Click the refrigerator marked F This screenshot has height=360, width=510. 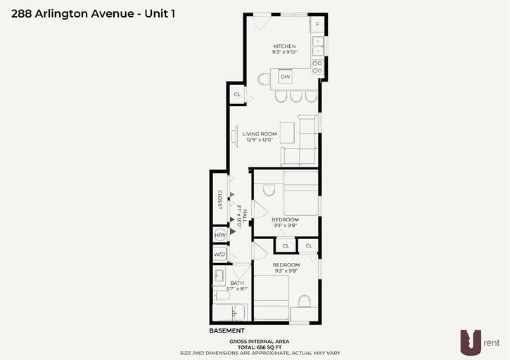pyautogui.click(x=317, y=24)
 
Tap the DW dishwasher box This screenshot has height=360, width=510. pyautogui.click(x=286, y=77)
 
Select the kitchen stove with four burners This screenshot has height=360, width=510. pyautogui.click(x=317, y=67)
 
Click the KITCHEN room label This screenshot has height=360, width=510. pyautogui.click(x=285, y=46)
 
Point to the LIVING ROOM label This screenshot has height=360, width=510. pyautogui.click(x=260, y=134)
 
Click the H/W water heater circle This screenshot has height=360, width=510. pyautogui.click(x=220, y=235)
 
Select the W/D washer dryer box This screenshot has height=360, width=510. pyautogui.click(x=220, y=254)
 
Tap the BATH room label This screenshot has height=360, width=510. pyautogui.click(x=237, y=283)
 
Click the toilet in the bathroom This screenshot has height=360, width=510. pyautogui.click(x=222, y=295)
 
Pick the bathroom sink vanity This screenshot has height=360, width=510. pyautogui.click(x=219, y=276)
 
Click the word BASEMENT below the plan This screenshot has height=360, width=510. pyautogui.click(x=227, y=330)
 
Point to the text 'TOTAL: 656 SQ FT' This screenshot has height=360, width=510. pyautogui.click(x=260, y=347)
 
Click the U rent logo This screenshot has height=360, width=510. pyautogui.click(x=480, y=342)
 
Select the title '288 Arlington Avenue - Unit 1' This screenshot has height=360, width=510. pyautogui.click(x=93, y=13)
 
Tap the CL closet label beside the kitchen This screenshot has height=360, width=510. pyautogui.click(x=237, y=94)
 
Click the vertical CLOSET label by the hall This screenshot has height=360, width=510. pyautogui.click(x=220, y=200)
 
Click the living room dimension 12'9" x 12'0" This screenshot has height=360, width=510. pyautogui.click(x=260, y=140)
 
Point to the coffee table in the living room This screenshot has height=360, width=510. pyautogui.click(x=287, y=133)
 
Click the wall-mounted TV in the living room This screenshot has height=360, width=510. pyautogui.click(x=234, y=136)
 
